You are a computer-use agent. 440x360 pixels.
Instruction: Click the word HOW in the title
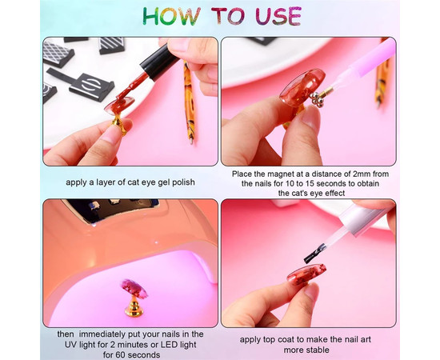pos(172,16)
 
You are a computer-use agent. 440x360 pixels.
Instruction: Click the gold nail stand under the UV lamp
pos(134,306)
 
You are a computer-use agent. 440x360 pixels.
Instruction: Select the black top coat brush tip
pos(315,254)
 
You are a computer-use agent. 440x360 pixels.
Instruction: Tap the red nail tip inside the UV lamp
pos(134,289)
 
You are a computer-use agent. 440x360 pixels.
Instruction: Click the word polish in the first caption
pos(183,182)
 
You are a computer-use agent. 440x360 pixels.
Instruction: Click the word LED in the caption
pos(168,345)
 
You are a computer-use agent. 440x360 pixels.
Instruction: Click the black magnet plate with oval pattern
pos(91,87)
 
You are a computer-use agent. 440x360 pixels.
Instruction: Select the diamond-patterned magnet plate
pos(58,54)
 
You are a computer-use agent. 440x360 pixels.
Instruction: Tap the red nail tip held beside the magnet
pos(302,87)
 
